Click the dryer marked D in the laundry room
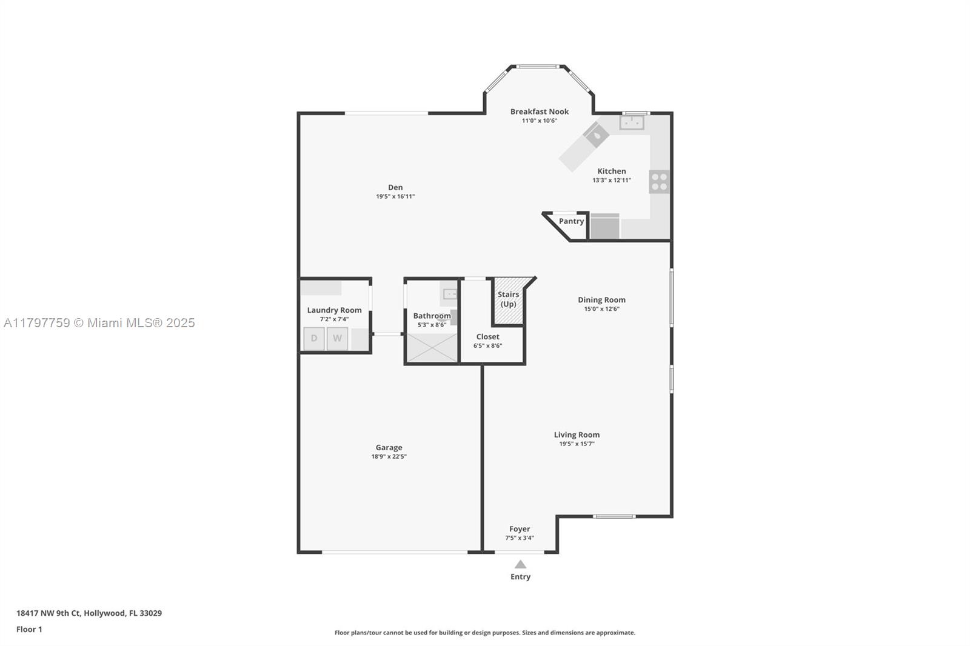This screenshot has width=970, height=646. click(x=314, y=339)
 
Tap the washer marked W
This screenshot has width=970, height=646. click(x=337, y=339)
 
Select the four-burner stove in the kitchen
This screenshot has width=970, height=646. click(x=659, y=182)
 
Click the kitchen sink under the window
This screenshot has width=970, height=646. click(x=632, y=122)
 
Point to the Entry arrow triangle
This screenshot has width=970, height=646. click(x=520, y=564)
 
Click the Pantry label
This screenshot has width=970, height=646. click(x=571, y=221)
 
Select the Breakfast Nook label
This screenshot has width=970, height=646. click(x=540, y=112)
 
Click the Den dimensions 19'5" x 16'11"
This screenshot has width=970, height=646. click(x=395, y=196)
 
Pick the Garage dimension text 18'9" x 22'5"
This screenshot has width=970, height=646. click(x=389, y=456)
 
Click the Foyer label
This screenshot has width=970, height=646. click(x=520, y=529)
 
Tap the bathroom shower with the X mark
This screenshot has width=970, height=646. click(x=432, y=347)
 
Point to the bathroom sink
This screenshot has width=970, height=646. click(x=449, y=294)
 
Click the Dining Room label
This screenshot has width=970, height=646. click(x=601, y=299)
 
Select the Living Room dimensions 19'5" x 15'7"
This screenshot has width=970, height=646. click(x=577, y=444)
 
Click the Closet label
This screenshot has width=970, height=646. click(x=487, y=336)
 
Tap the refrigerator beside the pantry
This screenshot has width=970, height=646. click(x=605, y=226)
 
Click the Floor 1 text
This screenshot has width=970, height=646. click(x=30, y=630)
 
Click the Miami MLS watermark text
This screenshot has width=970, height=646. click(x=99, y=323)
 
